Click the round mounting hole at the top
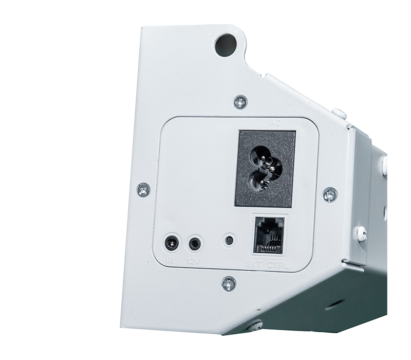[x=225, y=45]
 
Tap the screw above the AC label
[x=240, y=102]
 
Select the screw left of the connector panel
[x=144, y=190]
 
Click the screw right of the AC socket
[x=330, y=194]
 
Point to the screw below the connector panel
[x=229, y=283]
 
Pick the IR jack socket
[x=172, y=242]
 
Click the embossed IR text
[x=172, y=261]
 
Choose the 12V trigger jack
[x=195, y=243]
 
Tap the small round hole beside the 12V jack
[x=229, y=240]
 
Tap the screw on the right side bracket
[x=362, y=234]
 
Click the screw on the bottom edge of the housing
[x=254, y=325]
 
